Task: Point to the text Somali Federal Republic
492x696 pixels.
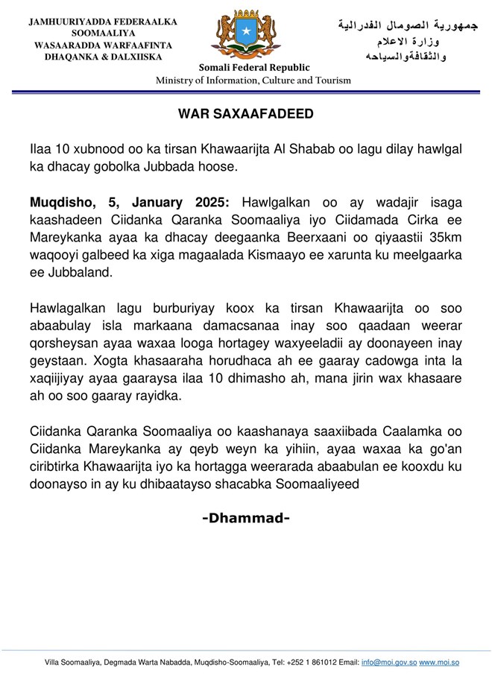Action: pos(254,68)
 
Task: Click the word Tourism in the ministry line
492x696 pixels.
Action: pos(332,80)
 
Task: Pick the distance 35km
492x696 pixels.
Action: pos(443,238)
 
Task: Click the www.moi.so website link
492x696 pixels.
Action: pos(439,662)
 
